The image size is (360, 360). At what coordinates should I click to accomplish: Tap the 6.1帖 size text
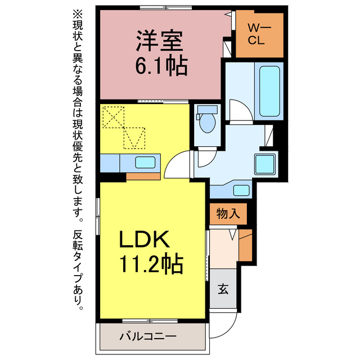[x=160, y=66]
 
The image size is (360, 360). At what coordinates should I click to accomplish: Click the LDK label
[x=143, y=241]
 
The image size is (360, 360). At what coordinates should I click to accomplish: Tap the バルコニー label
[x=148, y=337]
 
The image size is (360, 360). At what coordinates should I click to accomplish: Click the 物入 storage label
[x=228, y=214]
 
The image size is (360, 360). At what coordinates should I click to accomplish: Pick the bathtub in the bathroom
[x=268, y=90]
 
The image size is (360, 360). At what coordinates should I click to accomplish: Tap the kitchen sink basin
[x=145, y=163]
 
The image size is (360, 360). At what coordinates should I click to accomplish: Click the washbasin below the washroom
[x=241, y=190]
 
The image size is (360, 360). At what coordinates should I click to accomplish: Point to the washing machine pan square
[x=265, y=164]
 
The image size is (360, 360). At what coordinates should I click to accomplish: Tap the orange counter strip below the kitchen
[x=143, y=177]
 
